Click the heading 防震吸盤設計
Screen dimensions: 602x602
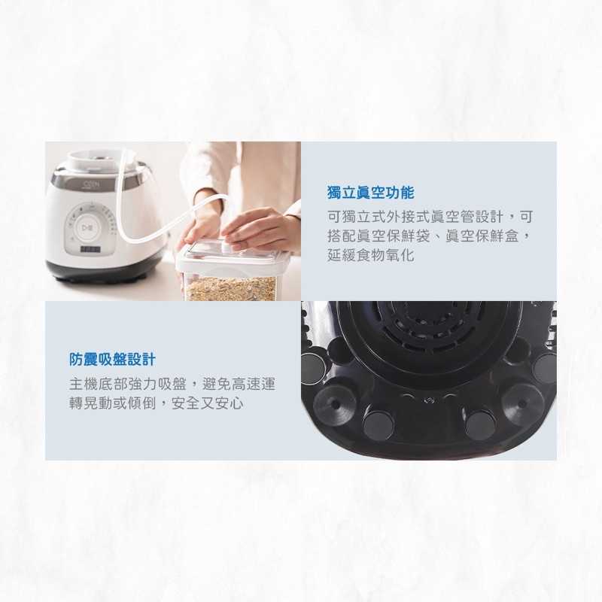click(x=112, y=360)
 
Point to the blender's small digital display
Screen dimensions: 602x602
click(x=90, y=248)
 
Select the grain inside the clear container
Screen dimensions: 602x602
click(x=230, y=287)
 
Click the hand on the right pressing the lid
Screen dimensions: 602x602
click(x=260, y=230)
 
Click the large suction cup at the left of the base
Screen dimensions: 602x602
click(x=334, y=406)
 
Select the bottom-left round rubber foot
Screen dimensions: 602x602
click(x=379, y=425)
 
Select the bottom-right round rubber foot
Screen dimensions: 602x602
click(x=480, y=425)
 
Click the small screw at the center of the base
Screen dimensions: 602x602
click(x=429, y=400)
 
